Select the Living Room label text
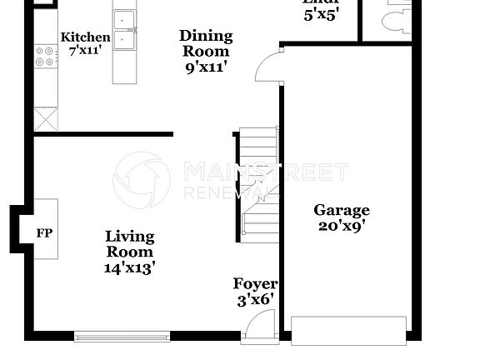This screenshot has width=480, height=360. tap(130, 245)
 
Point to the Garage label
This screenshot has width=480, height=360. tap(341, 211)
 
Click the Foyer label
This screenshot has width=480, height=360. tap(255, 284)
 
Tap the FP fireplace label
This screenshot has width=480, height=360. tap(44, 232)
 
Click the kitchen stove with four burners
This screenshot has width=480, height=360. tap(45, 56)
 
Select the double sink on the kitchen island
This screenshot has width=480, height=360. tap(126, 29)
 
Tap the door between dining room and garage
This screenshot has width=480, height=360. tap(268, 66)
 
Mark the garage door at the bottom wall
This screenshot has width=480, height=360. tap(348, 330)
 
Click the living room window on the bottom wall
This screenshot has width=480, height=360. tap(122, 337)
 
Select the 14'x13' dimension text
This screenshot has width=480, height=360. tap(130, 267)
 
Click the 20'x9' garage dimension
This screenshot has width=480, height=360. tap(341, 225)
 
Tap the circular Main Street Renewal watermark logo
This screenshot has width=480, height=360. tap(142, 180)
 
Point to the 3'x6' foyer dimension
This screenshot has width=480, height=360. tap(255, 299)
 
